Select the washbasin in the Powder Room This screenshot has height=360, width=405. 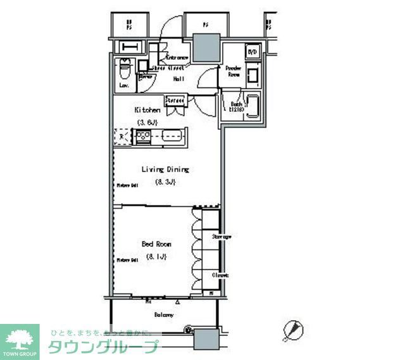tap(253, 76)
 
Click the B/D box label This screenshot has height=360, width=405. tap(252, 52)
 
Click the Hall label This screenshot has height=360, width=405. tap(178, 78)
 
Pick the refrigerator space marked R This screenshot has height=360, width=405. tap(121, 136)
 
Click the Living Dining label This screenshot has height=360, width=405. tap(165, 170)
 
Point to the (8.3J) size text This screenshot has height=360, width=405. tap(165, 182)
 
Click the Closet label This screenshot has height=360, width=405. tap(220, 275)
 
